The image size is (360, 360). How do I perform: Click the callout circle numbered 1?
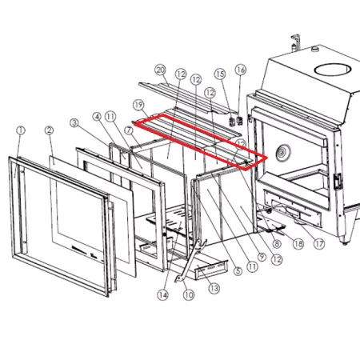(21, 130)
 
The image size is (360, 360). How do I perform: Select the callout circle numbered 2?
(49, 130)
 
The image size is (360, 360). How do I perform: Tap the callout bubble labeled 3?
(74, 123)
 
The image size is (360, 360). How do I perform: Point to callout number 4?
(97, 117)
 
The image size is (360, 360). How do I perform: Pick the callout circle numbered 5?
(238, 271)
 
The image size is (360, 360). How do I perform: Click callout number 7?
(129, 130)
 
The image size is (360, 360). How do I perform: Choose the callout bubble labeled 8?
(277, 243)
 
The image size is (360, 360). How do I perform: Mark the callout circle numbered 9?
(262, 257)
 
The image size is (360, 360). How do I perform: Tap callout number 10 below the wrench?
(189, 295)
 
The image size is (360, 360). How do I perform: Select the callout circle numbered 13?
(214, 288)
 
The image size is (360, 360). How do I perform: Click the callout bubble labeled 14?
(163, 295)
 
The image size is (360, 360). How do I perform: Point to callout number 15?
(220, 74)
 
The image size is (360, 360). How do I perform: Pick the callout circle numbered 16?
(241, 70)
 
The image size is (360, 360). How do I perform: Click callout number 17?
(319, 244)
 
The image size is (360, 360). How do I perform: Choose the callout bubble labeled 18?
(298, 243)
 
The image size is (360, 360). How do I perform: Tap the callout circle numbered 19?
(138, 105)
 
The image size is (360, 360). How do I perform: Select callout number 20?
(160, 70)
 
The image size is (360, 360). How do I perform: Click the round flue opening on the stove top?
(333, 70)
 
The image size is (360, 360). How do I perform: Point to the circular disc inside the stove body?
(282, 153)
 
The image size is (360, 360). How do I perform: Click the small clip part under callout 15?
(232, 122)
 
